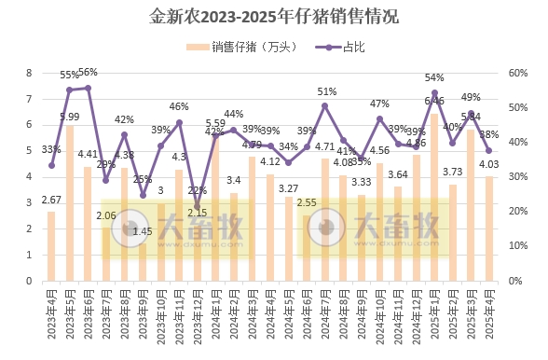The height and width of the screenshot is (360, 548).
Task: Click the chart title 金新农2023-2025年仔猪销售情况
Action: pyautogui.click(x=273, y=17)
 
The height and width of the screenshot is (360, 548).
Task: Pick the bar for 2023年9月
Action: pyautogui.click(x=143, y=261)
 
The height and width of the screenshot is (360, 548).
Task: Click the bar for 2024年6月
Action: pyautogui.click(x=307, y=247)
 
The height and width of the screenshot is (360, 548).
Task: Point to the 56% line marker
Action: pyautogui.click(x=89, y=88)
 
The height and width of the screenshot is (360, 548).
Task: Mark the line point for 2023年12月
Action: pyautogui.click(x=198, y=206)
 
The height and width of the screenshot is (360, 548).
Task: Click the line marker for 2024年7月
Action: pyautogui.click(x=325, y=105)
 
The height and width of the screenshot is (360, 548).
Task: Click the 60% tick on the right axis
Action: pyautogui.click(x=519, y=73)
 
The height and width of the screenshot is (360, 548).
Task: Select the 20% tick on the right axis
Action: pyautogui.click(x=519, y=211)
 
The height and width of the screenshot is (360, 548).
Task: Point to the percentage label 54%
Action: pyautogui.click(x=434, y=77)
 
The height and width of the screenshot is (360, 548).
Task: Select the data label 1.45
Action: pyautogui.click(x=143, y=231)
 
